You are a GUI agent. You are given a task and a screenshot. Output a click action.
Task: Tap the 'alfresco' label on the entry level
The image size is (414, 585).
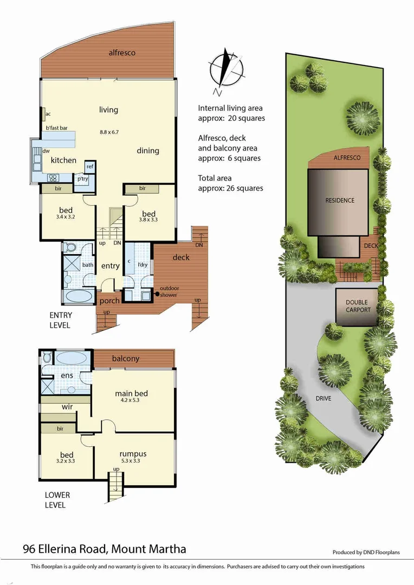(x=122, y=53)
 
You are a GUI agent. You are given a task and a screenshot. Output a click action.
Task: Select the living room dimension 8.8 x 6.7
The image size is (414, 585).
(x=109, y=132)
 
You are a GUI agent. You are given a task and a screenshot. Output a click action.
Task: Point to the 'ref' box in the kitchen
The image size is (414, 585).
(x=90, y=166)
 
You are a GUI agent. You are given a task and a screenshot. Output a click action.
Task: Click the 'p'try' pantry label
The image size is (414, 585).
(x=83, y=179)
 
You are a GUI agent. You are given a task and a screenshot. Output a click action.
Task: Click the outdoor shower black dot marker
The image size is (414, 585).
(x=158, y=294)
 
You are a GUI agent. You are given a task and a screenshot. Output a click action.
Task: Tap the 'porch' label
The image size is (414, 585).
(x=109, y=301)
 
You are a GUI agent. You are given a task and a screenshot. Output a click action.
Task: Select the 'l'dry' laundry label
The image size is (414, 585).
(x=143, y=265)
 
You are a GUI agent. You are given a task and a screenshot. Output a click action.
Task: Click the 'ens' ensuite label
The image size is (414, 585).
(x=67, y=375)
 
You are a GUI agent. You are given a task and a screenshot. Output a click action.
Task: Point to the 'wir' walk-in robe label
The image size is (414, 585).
(x=67, y=406)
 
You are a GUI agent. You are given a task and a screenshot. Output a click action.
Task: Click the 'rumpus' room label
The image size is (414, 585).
(x=133, y=453)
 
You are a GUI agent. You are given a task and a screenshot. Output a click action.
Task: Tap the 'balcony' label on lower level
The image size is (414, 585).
(x=126, y=358)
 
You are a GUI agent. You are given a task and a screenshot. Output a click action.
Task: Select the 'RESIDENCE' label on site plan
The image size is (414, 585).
(x=340, y=200)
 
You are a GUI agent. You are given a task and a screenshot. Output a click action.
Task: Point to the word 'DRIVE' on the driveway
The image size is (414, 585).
(x=323, y=398)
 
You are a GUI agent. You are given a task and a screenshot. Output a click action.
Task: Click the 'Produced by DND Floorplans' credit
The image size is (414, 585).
(x=366, y=552)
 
